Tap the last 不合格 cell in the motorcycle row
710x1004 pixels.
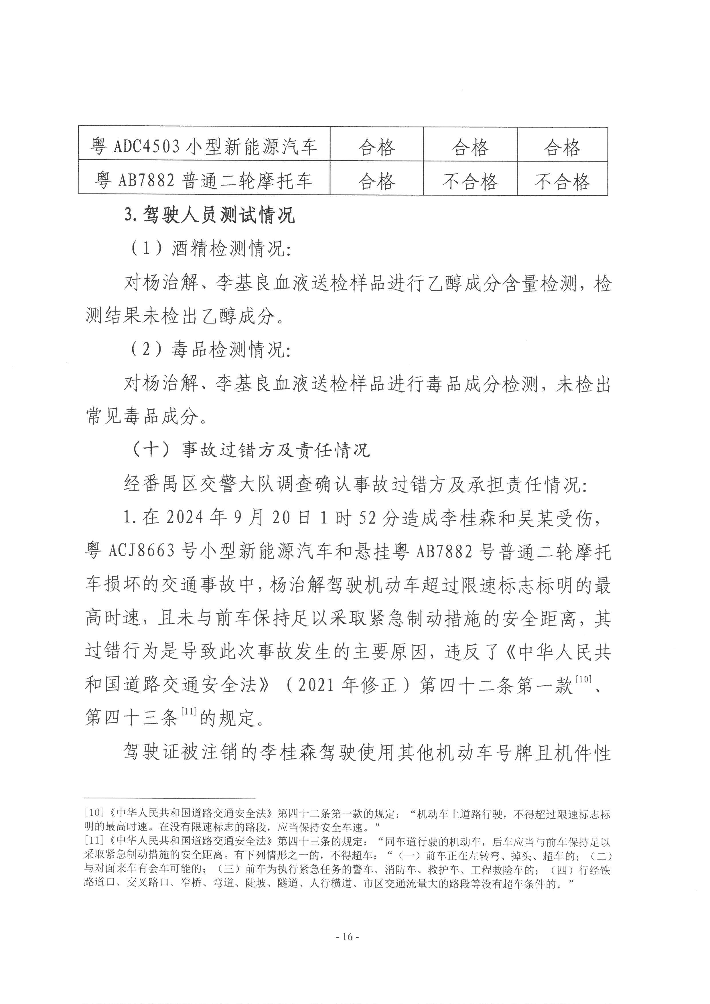tap(562, 181)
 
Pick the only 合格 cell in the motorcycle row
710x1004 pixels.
tap(376, 181)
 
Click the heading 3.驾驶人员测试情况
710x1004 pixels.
tap(210, 215)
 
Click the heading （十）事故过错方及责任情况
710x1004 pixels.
tap(251, 450)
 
